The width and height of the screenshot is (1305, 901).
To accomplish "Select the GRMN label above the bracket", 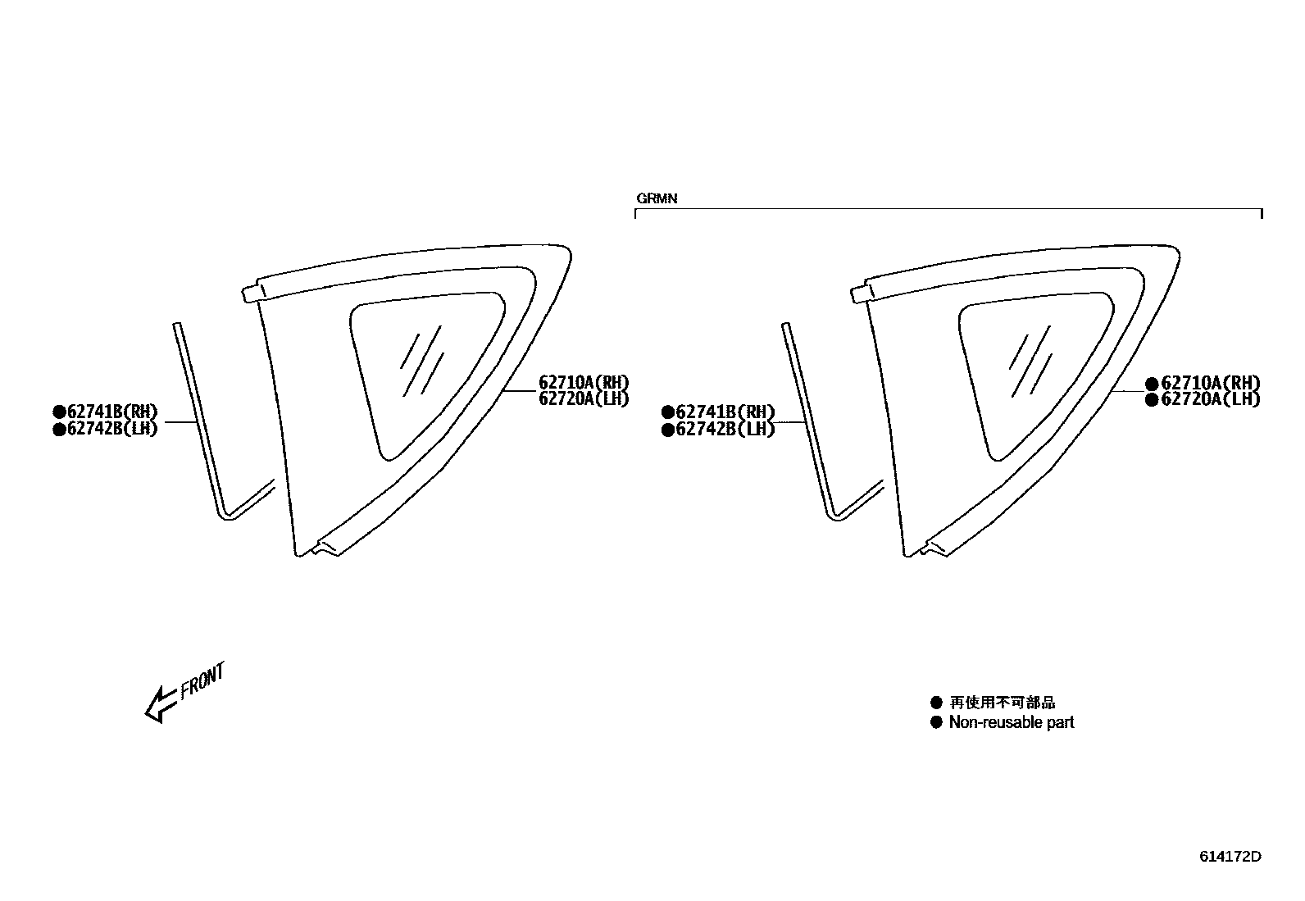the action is (x=657, y=198).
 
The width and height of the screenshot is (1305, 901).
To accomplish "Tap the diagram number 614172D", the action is (x=1230, y=857).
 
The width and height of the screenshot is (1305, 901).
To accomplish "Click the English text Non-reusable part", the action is (x=1011, y=722).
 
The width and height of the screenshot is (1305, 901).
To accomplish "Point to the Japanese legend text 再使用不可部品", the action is (x=1002, y=703).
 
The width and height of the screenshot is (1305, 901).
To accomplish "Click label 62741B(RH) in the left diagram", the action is (x=111, y=412).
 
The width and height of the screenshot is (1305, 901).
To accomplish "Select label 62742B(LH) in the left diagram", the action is (x=111, y=429).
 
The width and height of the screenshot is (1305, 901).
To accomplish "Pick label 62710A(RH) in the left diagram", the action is (x=583, y=382).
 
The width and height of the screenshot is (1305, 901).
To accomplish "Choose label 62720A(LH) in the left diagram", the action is (x=583, y=399).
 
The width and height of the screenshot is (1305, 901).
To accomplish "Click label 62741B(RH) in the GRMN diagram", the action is (x=725, y=412).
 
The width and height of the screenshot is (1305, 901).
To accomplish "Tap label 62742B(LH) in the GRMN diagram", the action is (x=725, y=429).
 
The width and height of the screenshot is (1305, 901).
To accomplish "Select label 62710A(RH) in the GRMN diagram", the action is (x=1210, y=383).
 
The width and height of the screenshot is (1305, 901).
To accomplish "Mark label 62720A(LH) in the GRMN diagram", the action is (x=1210, y=400).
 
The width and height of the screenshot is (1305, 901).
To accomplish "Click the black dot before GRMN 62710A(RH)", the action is (x=1151, y=383).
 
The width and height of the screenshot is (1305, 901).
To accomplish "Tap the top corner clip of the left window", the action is (x=252, y=292).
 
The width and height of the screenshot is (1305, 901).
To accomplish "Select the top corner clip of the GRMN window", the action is (x=862, y=292).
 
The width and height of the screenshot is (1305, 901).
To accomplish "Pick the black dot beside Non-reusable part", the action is (x=936, y=722).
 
